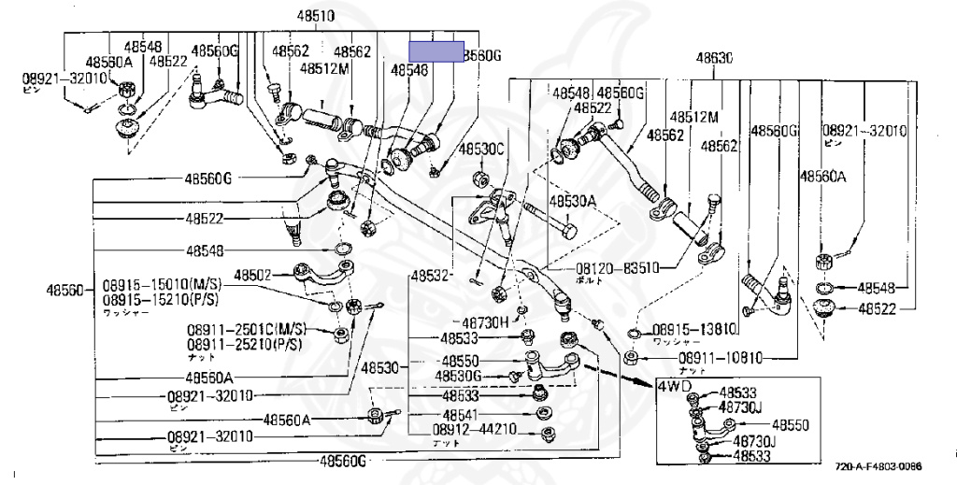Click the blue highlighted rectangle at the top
pos(437,51)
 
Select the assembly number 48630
pos(713,58)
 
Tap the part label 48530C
pos(480,150)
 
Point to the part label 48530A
pos(572,201)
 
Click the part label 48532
pos(431,276)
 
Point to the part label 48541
pos(462,414)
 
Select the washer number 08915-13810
pos(694,329)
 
